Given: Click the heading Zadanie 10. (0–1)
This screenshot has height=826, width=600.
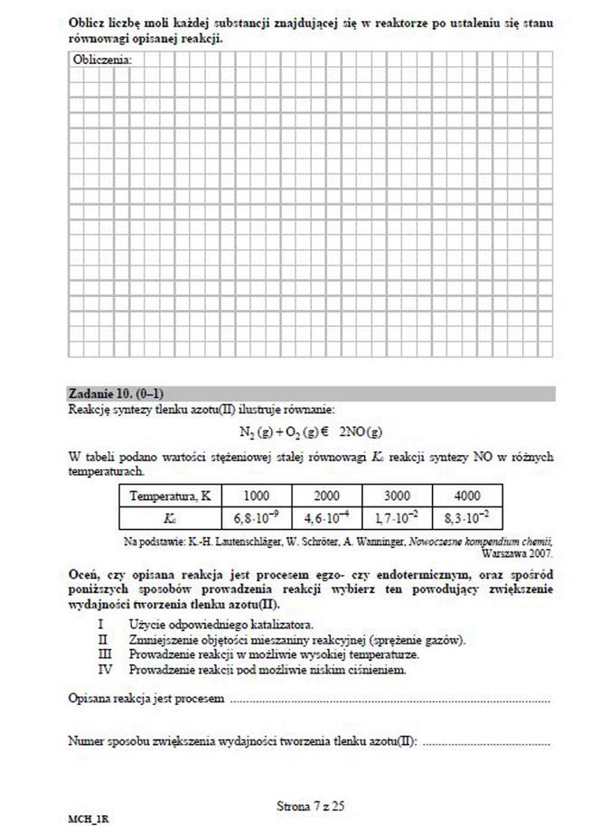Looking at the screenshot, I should pos(109,394).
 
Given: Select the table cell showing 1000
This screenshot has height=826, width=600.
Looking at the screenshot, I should pos(257,496).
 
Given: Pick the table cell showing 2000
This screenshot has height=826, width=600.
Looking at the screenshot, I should pos(327,496).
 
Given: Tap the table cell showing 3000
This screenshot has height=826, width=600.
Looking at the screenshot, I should pos(397,496).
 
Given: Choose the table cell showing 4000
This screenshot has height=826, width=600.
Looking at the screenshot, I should pos(467,496).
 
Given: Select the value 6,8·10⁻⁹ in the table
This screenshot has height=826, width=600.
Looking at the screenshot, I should pos(257,518).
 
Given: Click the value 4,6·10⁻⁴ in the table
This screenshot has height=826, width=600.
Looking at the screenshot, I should pos(327,518).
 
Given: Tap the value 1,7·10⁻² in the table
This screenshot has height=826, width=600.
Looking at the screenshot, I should pos(397,518).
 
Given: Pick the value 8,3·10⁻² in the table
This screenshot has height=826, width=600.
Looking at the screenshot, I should pos(467,518).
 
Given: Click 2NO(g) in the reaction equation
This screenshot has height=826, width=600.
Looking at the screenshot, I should pos(361,432).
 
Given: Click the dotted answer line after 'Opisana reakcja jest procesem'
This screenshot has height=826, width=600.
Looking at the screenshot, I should pos(389,701).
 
